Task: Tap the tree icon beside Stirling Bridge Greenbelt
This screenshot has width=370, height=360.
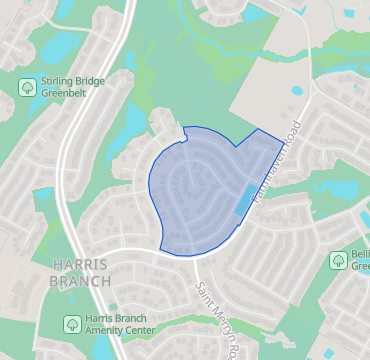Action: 28,87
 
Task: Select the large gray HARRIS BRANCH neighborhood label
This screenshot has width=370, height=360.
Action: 79,271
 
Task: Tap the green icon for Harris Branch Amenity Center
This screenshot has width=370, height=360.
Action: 71,324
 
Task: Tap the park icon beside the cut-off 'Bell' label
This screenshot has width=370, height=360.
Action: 339,259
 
